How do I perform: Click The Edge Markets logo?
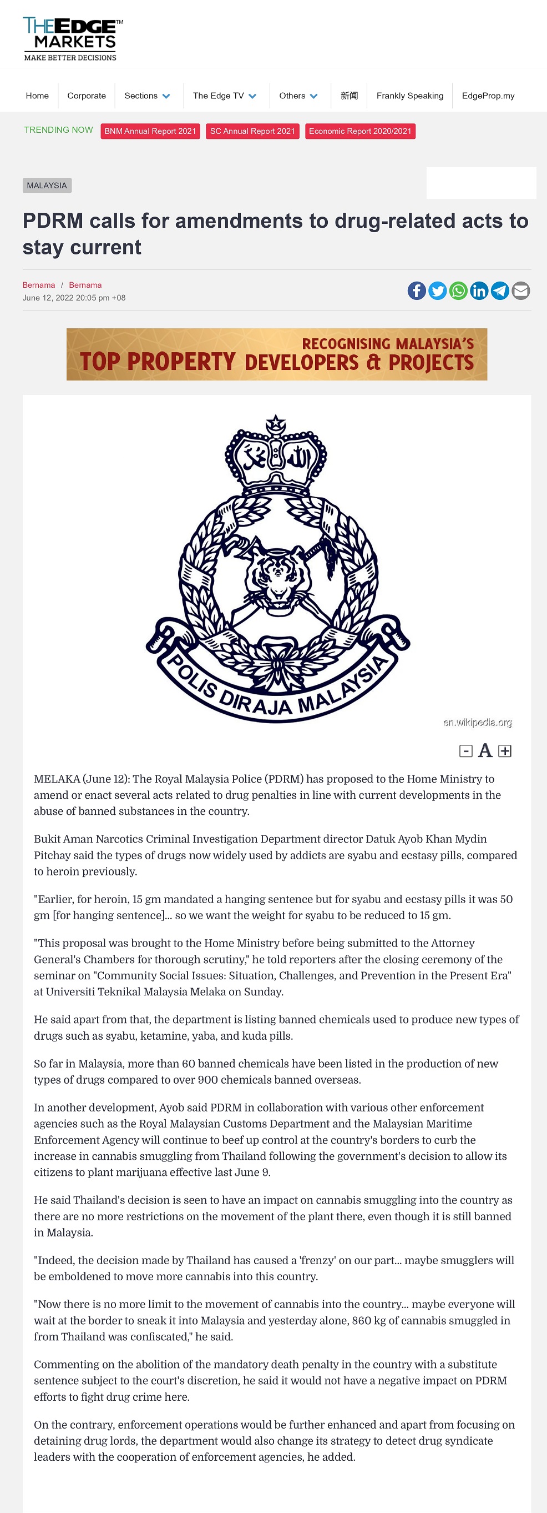pos(72,39)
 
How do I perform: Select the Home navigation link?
pos(37,96)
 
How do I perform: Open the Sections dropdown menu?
pos(146,96)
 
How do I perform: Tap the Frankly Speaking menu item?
pos(409,96)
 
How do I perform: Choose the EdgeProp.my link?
pos(488,96)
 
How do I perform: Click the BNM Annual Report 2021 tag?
pos(150,131)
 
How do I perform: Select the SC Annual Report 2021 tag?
pos(252,131)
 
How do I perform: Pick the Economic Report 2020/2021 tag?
pos(360,131)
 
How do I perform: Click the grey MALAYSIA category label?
pos(47,186)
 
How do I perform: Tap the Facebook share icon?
pos(417,290)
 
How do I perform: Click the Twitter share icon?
pos(437,290)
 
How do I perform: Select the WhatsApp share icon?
pos(458,290)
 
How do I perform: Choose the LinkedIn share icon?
pos(479,290)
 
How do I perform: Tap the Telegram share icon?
pos(500,290)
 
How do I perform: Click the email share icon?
pos(520,290)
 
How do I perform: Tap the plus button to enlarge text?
pos(505,750)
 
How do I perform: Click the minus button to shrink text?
pos(466,750)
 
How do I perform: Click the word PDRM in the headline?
pos(53,222)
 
